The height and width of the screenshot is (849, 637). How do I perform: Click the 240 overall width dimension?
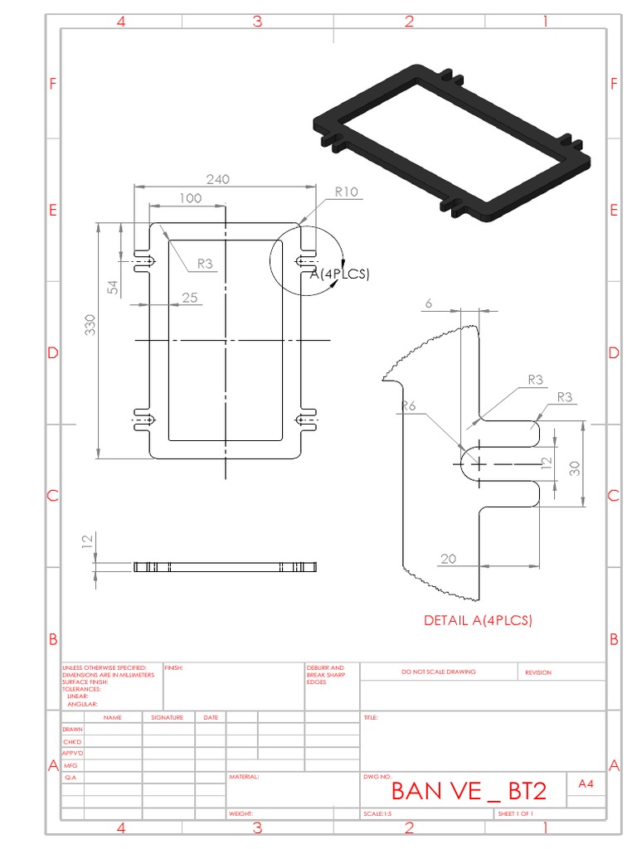[217, 179]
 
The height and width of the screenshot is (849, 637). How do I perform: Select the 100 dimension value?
[190, 198]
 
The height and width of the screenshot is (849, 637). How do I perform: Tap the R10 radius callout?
[346, 192]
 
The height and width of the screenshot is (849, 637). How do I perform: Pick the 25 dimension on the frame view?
[190, 298]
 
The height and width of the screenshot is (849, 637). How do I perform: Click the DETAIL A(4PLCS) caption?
[478, 620]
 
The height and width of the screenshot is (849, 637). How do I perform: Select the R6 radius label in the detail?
[408, 405]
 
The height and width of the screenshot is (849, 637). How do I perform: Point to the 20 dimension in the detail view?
[448, 559]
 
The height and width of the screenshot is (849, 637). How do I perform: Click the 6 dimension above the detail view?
[428, 304]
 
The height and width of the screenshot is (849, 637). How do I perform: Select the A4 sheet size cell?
[586, 784]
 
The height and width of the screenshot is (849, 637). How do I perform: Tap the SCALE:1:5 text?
[377, 814]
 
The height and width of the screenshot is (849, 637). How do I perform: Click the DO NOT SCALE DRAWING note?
[439, 672]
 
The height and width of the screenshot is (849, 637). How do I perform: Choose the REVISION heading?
[537, 672]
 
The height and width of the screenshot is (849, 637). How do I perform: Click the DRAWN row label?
[72, 729]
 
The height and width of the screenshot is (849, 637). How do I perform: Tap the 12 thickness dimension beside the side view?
[86, 541]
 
